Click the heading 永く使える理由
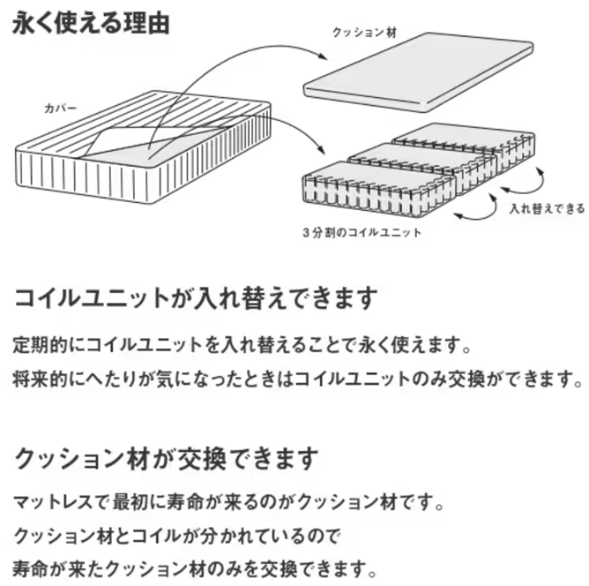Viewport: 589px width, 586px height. (89, 22)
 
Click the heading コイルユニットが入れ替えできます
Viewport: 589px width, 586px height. (197, 297)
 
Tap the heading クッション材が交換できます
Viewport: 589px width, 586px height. (166, 460)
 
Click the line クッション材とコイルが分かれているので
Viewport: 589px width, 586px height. (176, 535)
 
